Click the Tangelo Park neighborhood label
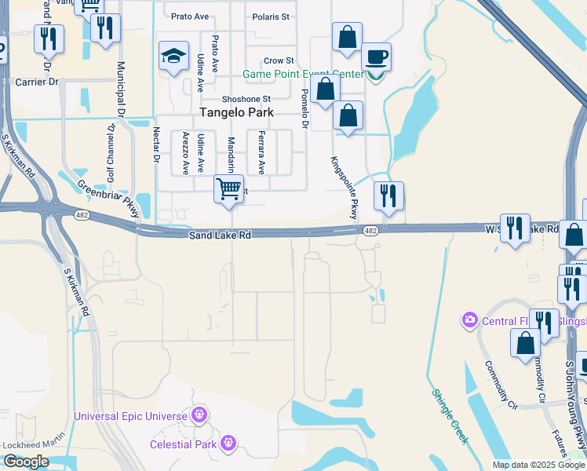tap(237, 112)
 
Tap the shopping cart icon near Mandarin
tap(228, 188)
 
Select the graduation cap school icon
tap(173, 56)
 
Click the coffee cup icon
tap(376, 57)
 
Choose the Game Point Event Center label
tap(303, 75)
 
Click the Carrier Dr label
tap(37, 81)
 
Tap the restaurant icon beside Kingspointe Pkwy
tap(388, 195)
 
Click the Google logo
tap(26, 462)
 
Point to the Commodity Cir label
tap(501, 385)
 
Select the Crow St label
tap(279, 60)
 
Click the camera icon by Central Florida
tap(470, 319)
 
